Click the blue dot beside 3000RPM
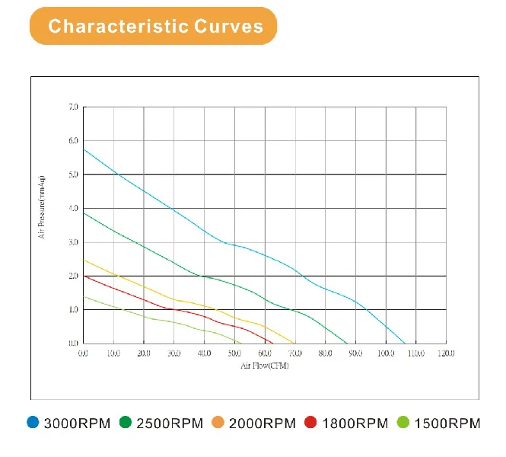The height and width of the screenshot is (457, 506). pos(33,423)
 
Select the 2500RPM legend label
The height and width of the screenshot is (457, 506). pos(169,423)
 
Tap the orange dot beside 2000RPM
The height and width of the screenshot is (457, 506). pos(219,423)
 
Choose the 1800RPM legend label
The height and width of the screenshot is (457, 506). pos(355,423)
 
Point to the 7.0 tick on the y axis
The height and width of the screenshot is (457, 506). pos(73,107)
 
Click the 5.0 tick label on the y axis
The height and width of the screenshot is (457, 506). pos(73,174)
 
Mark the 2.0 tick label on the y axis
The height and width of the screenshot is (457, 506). pos(73,276)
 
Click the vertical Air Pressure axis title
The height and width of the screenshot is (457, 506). pos(43,207)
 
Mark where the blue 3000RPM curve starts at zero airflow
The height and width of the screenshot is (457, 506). pos(84,149)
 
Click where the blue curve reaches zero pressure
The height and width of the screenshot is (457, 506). pos(406,344)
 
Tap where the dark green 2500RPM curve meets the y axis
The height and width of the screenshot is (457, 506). pos(84,213)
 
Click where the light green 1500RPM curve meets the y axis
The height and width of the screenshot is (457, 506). pos(84,296)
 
